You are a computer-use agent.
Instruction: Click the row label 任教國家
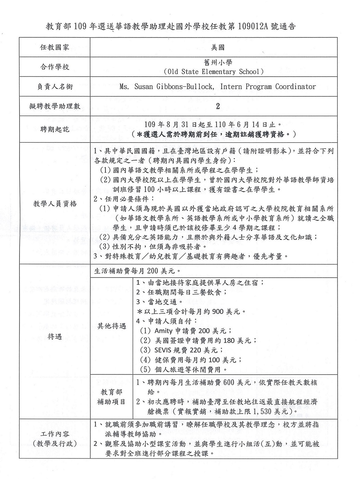click(55, 47)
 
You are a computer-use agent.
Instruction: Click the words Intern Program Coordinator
click(268, 87)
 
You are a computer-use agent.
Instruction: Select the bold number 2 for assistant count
click(218, 106)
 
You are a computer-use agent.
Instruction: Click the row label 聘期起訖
click(55, 129)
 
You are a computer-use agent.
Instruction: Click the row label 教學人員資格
click(55, 204)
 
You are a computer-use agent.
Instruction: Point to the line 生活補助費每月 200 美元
click(137, 271)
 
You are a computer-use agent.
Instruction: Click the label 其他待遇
click(112, 326)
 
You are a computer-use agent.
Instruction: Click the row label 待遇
click(55, 337)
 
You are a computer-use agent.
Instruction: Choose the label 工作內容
click(55, 434)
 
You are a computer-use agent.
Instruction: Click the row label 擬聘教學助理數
click(55, 106)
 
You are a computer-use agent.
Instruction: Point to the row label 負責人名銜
click(55, 87)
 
